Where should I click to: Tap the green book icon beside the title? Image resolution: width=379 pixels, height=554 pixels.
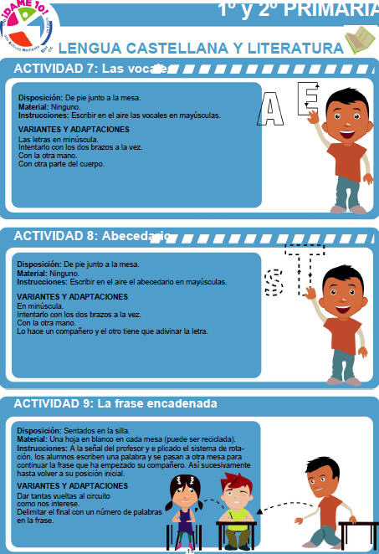click(358, 39)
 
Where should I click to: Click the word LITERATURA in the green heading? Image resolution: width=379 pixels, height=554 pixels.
click(294, 49)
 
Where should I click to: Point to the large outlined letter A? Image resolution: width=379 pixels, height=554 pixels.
click(273, 109)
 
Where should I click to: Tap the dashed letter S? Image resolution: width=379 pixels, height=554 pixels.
click(273, 281)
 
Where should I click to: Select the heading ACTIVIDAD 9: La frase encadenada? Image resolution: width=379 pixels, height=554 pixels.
click(115, 403)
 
